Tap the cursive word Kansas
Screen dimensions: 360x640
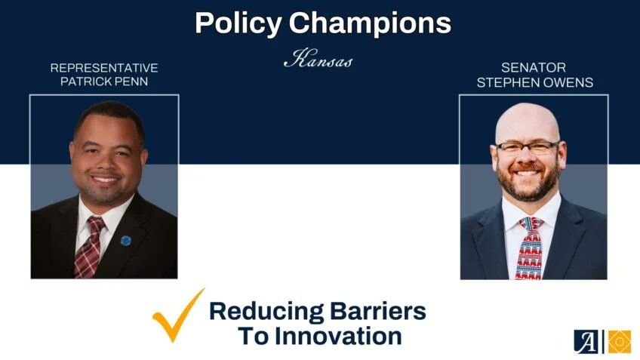tap(318, 60)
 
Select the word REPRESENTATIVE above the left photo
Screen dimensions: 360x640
tap(104, 68)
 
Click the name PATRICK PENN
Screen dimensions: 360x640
tap(104, 81)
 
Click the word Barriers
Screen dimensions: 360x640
tap(381, 311)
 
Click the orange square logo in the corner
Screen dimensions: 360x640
tap(620, 341)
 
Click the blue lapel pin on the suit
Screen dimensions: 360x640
tap(126, 241)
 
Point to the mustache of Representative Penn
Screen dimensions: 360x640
tap(104, 172)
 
